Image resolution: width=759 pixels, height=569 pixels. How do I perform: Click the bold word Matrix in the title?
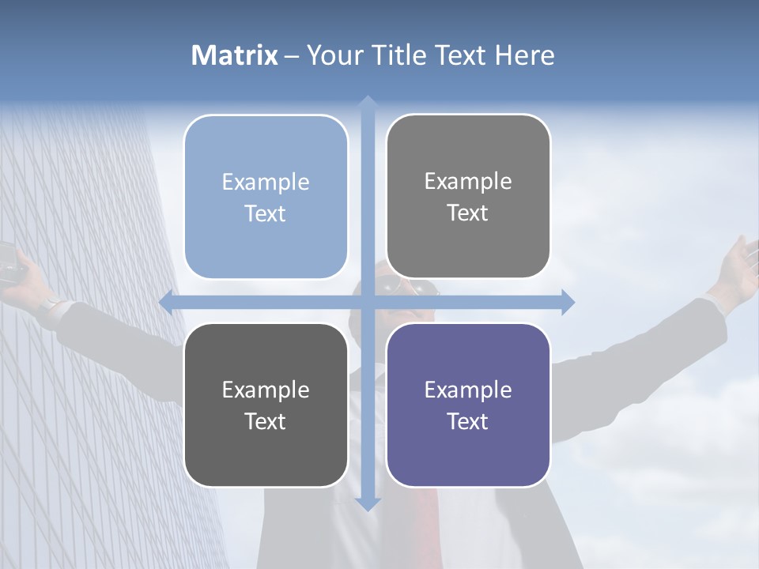235,55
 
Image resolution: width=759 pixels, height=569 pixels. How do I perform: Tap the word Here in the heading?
524,55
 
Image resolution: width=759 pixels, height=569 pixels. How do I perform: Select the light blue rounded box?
266,197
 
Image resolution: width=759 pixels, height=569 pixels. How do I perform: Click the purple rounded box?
468,405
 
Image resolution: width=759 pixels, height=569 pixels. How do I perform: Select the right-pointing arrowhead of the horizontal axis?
567,302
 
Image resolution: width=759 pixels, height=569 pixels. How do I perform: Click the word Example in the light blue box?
266,182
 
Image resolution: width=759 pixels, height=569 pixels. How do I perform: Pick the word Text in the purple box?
468,421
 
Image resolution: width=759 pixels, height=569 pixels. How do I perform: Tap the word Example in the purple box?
468,390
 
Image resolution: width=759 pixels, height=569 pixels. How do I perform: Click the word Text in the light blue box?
266,213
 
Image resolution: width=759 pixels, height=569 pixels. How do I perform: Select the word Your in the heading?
333,55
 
